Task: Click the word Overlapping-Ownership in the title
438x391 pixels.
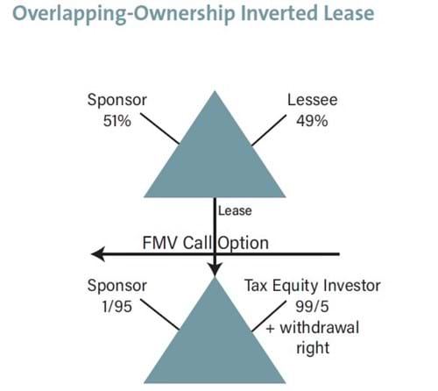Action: (124, 14)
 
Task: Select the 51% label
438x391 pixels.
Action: (117, 121)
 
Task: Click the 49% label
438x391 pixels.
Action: (312, 121)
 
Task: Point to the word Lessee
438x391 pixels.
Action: (312, 100)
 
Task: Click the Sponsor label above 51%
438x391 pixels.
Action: (117, 101)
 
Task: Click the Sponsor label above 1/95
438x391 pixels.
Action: (117, 287)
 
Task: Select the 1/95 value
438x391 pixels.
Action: (117, 307)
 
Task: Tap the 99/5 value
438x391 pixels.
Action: (312, 307)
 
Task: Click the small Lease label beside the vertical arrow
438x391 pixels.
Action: (235, 211)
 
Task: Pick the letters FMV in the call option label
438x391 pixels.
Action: (160, 243)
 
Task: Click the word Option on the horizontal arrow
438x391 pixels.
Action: (244, 244)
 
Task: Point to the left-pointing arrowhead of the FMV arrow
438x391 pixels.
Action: (98, 254)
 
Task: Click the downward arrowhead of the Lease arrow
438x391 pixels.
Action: (215, 269)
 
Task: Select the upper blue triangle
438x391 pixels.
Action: (215, 158)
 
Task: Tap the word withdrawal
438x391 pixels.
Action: (320, 328)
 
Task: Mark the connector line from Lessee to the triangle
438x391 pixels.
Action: (269, 131)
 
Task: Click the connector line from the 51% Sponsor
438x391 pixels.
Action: (159, 129)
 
